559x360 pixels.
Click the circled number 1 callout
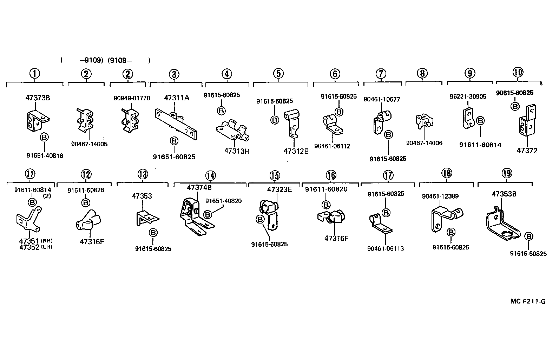click(34, 74)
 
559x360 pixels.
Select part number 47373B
click(38, 98)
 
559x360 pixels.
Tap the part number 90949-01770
click(132, 98)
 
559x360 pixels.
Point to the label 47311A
click(177, 98)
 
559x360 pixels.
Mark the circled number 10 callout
click(518, 72)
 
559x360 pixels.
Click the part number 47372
click(527, 151)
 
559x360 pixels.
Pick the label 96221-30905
click(468, 96)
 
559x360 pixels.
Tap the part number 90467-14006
click(424, 143)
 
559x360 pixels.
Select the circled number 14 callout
click(210, 175)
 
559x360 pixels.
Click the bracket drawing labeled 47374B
click(194, 218)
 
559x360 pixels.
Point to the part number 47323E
click(279, 190)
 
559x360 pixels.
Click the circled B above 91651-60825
click(174, 141)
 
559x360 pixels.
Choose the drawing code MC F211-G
click(528, 301)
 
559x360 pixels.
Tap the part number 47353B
click(504, 194)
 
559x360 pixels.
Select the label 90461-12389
click(440, 196)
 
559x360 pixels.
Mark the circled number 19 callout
click(507, 173)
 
